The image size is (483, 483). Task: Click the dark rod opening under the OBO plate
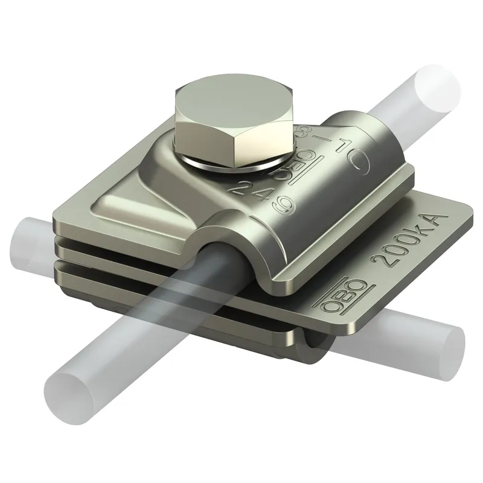313,345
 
